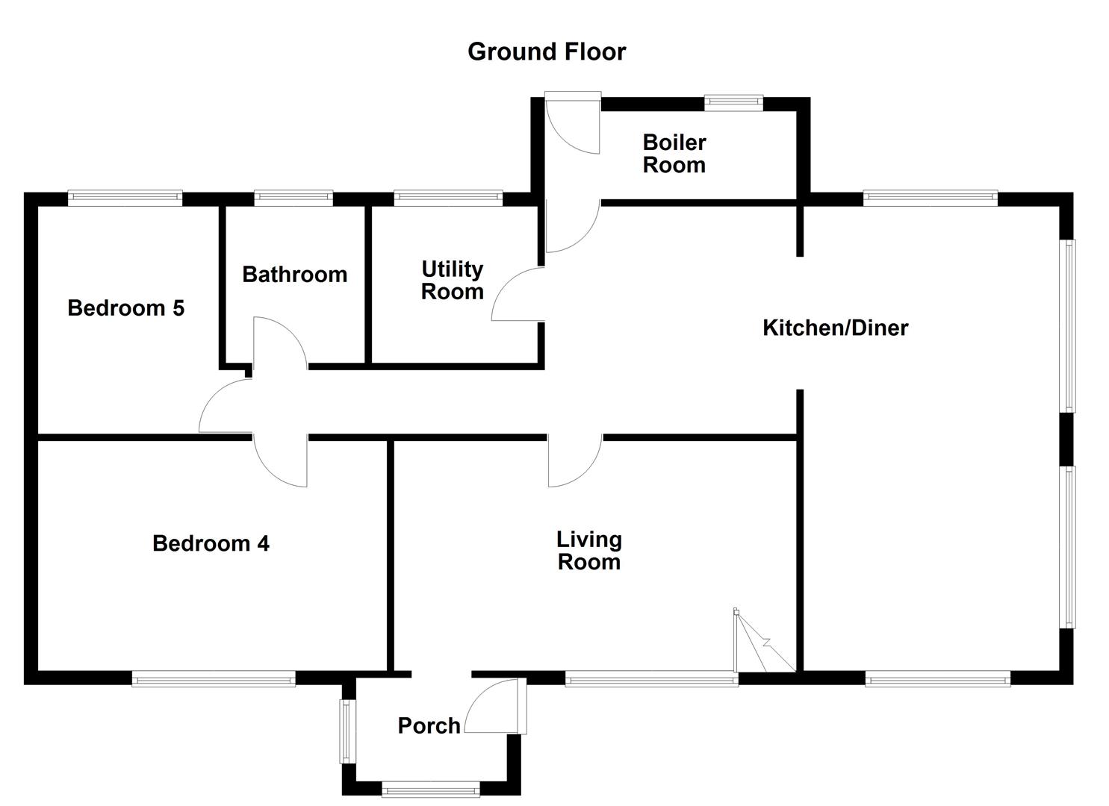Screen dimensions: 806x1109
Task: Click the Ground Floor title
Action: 547,51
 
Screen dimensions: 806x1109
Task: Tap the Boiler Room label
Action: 674,154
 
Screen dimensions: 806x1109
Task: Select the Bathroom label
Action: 294,275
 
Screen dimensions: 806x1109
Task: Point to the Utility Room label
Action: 452,281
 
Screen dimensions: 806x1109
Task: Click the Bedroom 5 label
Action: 125,308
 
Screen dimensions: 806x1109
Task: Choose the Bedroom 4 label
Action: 211,543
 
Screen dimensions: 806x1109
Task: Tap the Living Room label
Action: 588,551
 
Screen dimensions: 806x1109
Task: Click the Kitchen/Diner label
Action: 835,328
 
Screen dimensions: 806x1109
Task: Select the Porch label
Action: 429,725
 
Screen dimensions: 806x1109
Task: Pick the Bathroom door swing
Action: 280,342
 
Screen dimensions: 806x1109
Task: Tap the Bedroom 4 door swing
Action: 282,461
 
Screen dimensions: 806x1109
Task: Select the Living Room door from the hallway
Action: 574,460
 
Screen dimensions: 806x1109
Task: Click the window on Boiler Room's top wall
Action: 733,103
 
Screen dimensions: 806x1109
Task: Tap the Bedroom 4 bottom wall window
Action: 214,678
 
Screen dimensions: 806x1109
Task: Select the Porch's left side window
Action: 346,731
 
